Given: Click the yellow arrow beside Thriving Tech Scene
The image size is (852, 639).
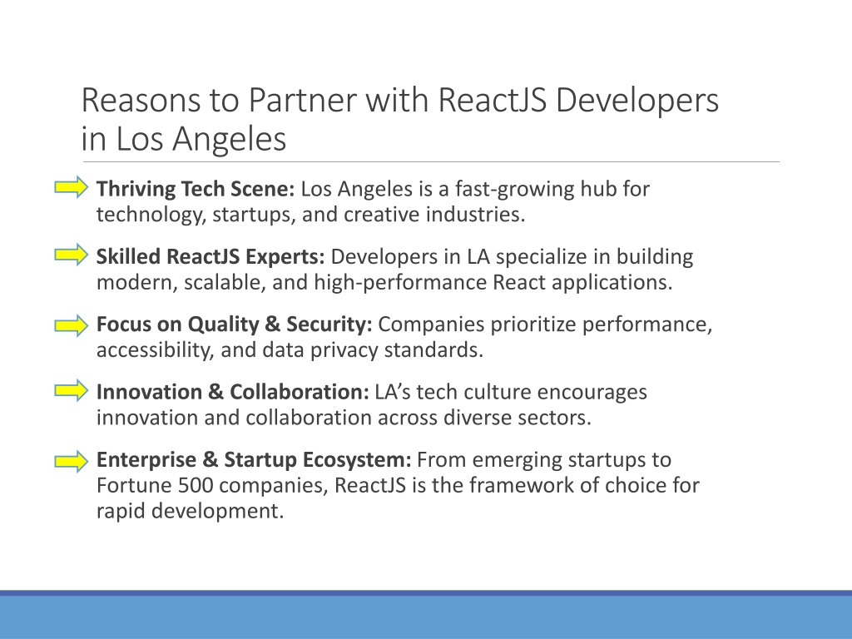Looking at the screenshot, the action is point(72,187).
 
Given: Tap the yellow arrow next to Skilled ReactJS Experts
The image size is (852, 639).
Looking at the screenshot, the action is point(72,255).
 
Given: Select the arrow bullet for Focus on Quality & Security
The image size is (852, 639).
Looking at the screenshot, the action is point(72,325).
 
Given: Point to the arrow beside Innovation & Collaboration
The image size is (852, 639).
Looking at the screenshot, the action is point(72,390).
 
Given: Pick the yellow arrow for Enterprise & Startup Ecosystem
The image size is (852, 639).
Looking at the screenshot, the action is point(72,461).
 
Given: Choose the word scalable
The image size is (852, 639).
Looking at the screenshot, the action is point(225,283).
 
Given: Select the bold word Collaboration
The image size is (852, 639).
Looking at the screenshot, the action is point(300,392).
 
